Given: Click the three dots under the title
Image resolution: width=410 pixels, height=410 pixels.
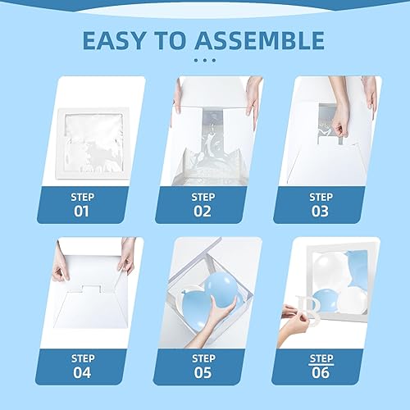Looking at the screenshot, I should click(204, 61).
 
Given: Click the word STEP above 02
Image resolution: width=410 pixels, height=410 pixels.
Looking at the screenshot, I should click(203, 197).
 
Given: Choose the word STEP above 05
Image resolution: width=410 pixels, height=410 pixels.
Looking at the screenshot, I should click(203, 358).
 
